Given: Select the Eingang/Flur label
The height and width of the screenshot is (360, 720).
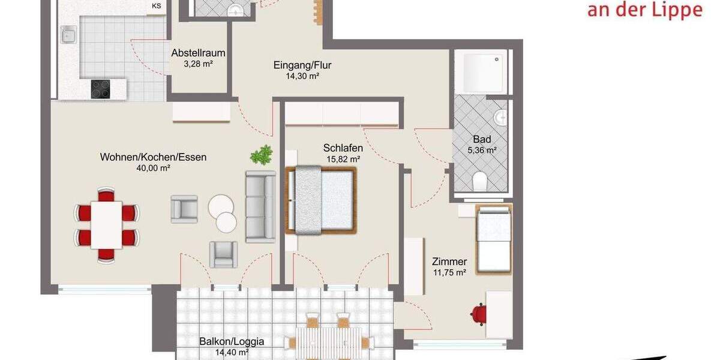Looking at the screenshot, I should [x=302, y=65].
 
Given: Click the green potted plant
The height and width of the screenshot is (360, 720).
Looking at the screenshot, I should [x=262, y=155].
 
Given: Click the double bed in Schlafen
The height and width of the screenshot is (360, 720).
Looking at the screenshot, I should [x=322, y=200].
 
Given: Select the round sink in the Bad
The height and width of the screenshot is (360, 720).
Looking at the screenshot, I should [x=500, y=118].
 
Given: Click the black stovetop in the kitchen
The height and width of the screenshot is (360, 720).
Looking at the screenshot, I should [x=101, y=89].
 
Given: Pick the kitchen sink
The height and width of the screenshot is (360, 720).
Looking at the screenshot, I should [x=68, y=35].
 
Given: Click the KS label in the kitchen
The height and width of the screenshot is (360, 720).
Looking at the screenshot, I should [x=157, y=7].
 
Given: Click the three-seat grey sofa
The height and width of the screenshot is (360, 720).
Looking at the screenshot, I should [x=260, y=206].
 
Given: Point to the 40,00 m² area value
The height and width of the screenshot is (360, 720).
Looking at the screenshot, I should [x=153, y=169].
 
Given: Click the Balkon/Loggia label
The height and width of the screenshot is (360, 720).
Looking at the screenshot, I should [x=232, y=342].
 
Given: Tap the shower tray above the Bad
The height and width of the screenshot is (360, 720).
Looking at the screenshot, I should [x=481, y=71].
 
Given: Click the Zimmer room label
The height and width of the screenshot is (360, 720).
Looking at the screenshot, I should [x=449, y=262].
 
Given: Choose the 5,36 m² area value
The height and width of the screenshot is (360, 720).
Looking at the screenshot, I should [x=482, y=150].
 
